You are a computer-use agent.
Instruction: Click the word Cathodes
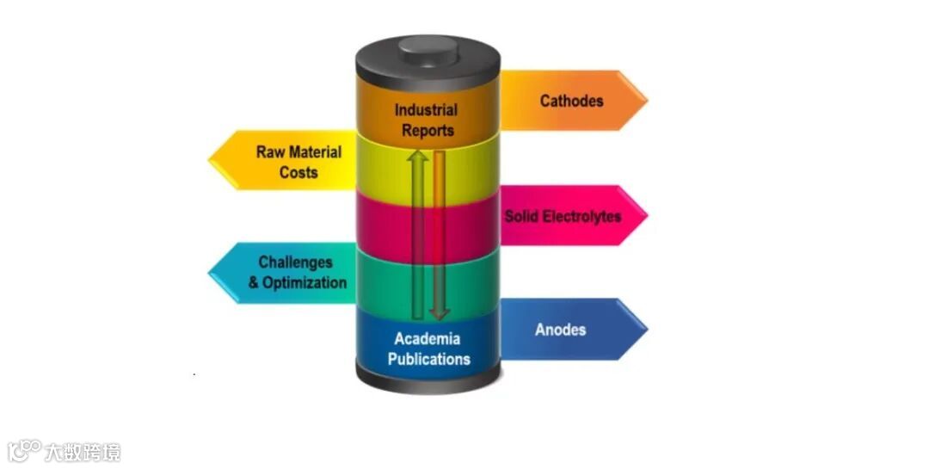pyautogui.click(x=571, y=101)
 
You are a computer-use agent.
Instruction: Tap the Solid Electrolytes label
pyautogui.click(x=562, y=216)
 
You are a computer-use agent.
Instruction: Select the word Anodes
pyautogui.click(x=560, y=330)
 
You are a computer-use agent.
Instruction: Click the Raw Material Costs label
pyautogui.click(x=298, y=162)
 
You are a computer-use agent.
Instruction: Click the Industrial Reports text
pyautogui.click(x=426, y=120)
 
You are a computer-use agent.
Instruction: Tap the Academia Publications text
pyautogui.click(x=428, y=349)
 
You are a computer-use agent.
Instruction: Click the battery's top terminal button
pyautogui.click(x=428, y=46)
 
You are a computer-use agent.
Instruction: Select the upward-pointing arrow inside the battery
pyautogui.click(x=418, y=232)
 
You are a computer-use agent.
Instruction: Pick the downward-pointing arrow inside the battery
pyautogui.click(x=439, y=232)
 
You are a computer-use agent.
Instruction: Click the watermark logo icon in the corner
pyautogui.click(x=25, y=450)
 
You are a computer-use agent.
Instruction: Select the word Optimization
pyautogui.click(x=305, y=282)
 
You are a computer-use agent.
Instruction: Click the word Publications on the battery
pyautogui.click(x=428, y=359)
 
